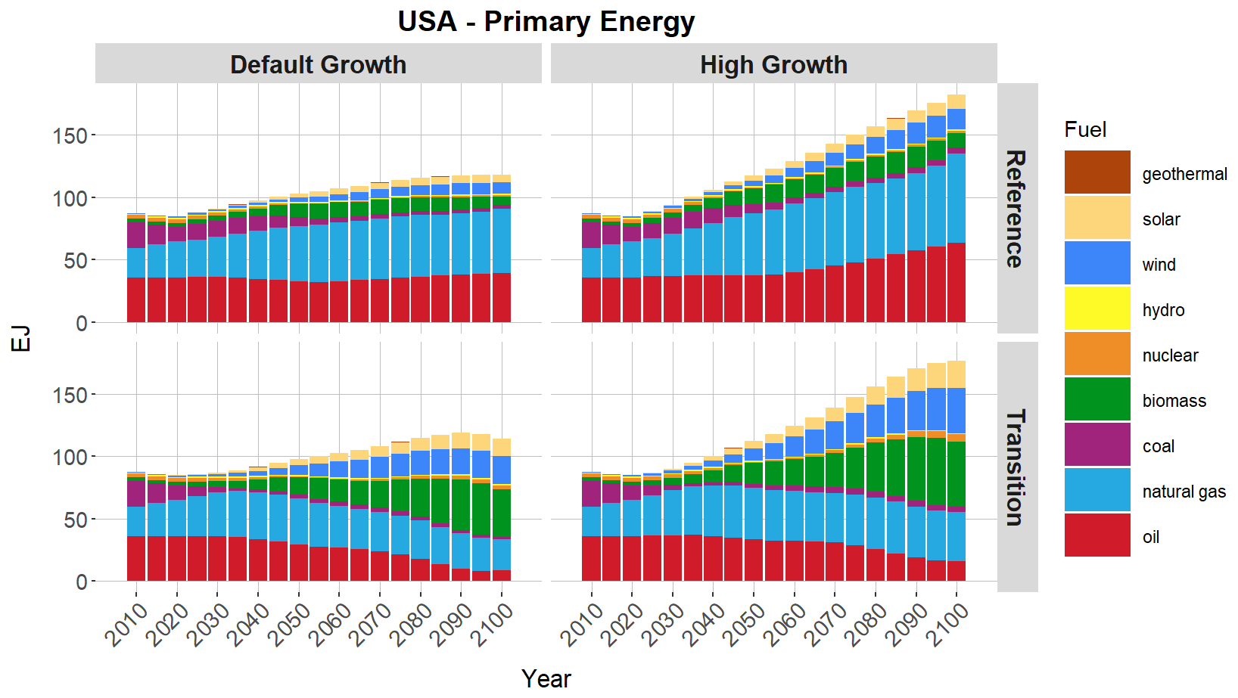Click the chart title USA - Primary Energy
tap(546, 21)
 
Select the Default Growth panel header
tap(318, 64)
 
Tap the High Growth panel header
tap(773, 64)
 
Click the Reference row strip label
tap(1016, 208)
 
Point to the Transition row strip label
tap(1016, 467)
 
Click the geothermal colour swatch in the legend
tap(1097, 172)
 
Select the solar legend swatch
tap(1097, 218)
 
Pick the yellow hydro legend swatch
tap(1097, 309)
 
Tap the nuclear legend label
tap(1170, 355)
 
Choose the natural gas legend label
tap(1184, 492)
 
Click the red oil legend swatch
tap(1097, 535)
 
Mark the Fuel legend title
tap(1085, 129)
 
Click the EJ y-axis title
tap(21, 338)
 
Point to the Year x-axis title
tap(546, 678)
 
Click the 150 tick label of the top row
tap(70, 135)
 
